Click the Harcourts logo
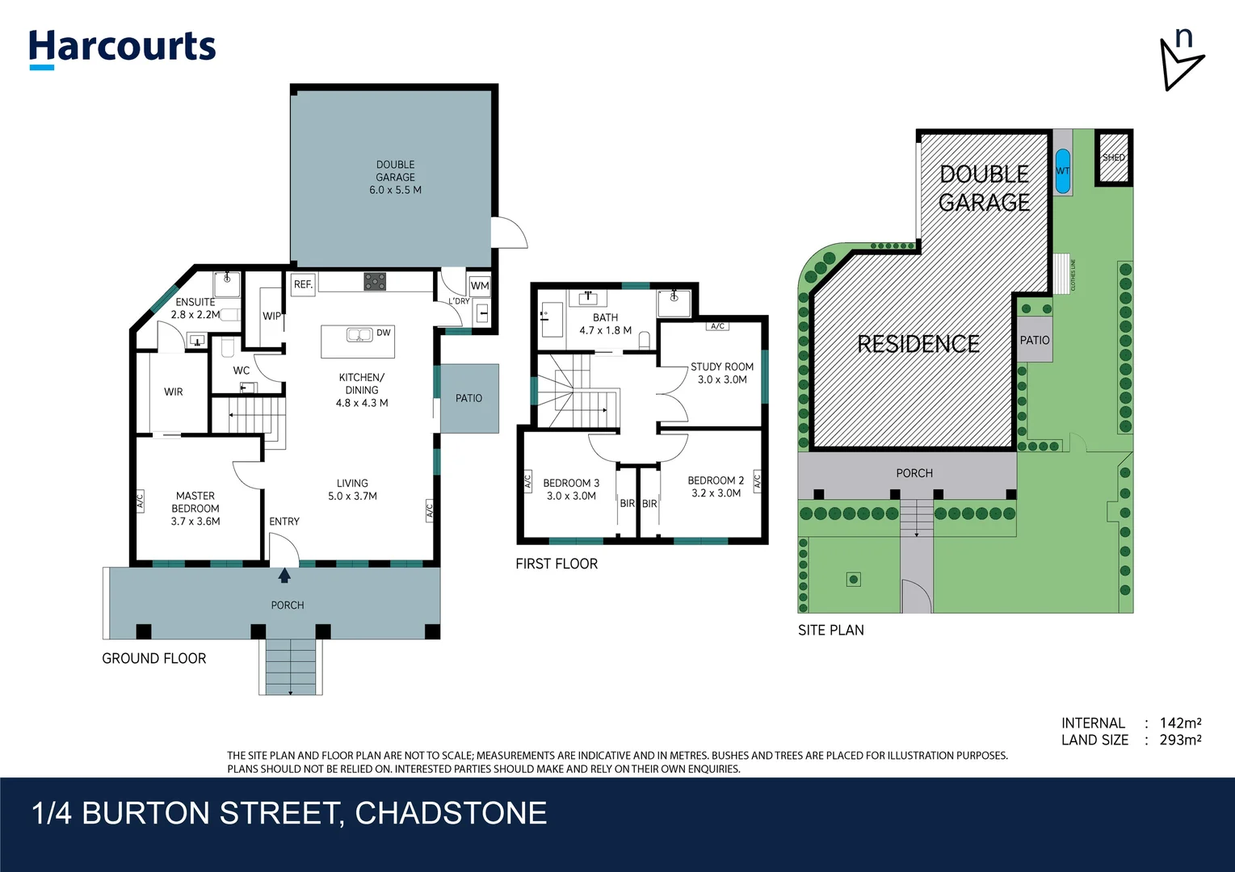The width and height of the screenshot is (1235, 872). pos(122,48)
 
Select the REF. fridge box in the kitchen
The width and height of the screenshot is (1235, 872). pos(303,284)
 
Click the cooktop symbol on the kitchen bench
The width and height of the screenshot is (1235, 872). pos(375,281)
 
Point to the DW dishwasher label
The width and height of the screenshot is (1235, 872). pos(383,333)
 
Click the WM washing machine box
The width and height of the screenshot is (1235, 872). pos(480,285)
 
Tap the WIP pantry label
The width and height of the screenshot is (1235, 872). pos(271,316)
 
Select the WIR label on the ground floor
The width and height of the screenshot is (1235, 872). pos(174,392)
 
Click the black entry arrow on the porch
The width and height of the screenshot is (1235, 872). pos(284,576)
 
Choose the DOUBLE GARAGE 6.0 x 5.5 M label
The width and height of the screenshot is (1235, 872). pos(395,178)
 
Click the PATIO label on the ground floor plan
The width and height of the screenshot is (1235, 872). pos(468,398)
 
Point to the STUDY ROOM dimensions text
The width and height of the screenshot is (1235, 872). pos(722,379)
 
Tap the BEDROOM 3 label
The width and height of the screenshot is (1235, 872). pos(570,483)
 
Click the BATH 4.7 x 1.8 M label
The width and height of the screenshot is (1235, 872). pos(605,324)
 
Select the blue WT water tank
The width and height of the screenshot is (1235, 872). pos(1063,171)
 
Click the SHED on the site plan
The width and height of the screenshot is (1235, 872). pos(1114,157)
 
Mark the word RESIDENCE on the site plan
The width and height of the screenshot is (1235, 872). pos(918,345)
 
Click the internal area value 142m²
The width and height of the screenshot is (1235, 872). pos(1180,723)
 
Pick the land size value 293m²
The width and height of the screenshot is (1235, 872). pos(1180,740)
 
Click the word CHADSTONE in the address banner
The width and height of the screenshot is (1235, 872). pos(451,813)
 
